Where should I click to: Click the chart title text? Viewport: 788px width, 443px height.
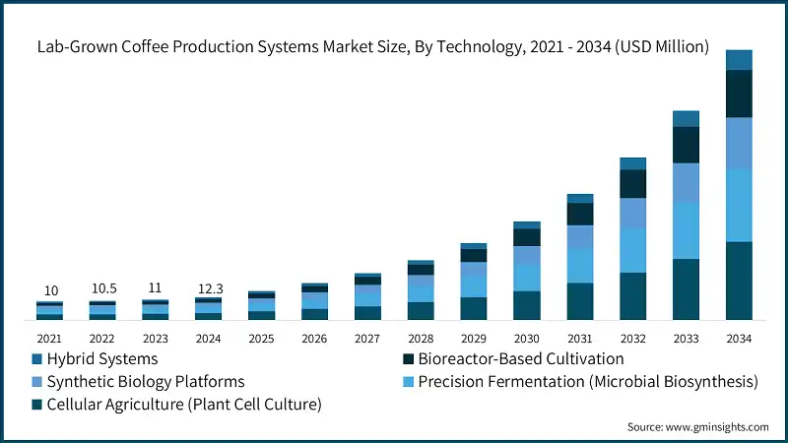click(373, 46)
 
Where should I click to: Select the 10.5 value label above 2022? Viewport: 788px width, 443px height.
click(102, 288)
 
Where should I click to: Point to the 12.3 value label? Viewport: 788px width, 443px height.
click(209, 287)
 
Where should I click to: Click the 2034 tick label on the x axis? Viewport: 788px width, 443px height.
click(739, 339)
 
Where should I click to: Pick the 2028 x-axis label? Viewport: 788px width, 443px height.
click(421, 339)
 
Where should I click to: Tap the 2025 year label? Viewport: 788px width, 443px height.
click(261, 339)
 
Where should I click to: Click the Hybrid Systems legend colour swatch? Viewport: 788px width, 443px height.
click(38, 359)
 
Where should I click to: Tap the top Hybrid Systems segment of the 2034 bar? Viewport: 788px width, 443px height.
click(739, 60)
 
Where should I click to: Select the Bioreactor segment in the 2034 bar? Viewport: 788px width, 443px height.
click(739, 94)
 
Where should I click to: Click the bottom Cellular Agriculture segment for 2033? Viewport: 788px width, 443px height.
click(686, 289)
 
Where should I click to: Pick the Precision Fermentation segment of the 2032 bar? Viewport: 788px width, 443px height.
click(632, 250)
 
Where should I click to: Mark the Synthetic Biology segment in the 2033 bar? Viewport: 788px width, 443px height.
click(686, 182)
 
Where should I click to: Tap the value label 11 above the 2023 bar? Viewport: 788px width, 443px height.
click(155, 288)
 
